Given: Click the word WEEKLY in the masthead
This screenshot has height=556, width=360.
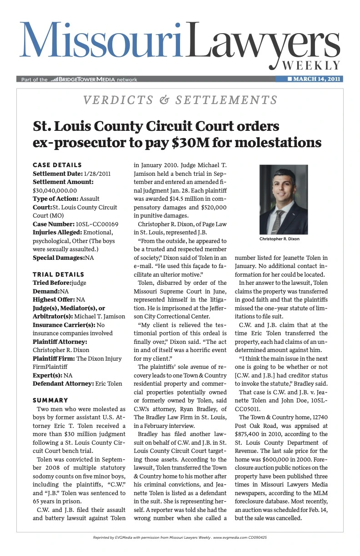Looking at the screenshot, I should coord(311,65).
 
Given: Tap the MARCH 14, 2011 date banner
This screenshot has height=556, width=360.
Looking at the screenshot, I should coord(313,79).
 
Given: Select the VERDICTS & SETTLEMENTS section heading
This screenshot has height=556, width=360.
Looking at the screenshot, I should coord(180,100).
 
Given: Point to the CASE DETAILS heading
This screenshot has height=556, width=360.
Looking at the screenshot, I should coord(57,165).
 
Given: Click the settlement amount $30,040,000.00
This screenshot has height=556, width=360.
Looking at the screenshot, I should coord(55,190).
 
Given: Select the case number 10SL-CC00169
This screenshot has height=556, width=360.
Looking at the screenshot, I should coord(97,224).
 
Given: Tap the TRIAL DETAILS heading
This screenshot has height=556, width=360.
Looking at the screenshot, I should coord(58,274).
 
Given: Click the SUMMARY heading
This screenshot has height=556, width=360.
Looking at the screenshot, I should coord(50,400).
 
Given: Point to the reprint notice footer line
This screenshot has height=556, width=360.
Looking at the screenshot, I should coord(180,537).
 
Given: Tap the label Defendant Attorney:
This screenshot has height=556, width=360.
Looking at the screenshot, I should coord(63,383).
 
